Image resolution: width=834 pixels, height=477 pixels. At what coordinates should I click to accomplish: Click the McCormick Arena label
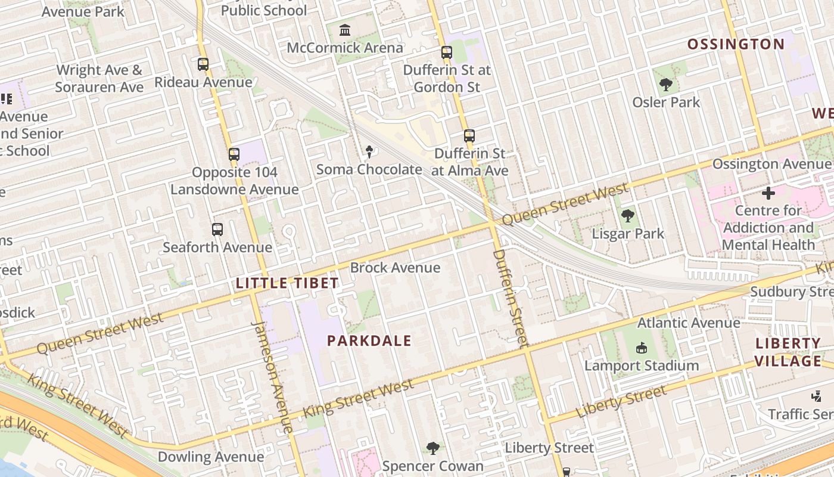click(x=345, y=48)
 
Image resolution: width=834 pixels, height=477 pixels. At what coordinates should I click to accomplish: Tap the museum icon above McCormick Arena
click(x=345, y=30)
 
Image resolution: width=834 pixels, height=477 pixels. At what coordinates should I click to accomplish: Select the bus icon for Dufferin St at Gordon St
click(x=447, y=52)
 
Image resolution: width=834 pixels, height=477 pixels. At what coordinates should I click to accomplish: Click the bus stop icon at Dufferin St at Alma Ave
click(x=469, y=136)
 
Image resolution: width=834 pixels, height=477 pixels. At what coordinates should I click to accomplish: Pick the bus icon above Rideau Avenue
click(x=203, y=64)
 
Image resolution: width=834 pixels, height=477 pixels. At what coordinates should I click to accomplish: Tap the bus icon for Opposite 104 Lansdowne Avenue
click(x=234, y=154)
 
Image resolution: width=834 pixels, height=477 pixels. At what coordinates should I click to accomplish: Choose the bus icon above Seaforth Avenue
click(x=217, y=230)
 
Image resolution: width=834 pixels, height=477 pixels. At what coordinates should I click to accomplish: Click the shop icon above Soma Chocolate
click(x=369, y=152)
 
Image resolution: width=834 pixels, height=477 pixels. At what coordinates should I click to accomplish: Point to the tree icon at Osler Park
click(x=666, y=85)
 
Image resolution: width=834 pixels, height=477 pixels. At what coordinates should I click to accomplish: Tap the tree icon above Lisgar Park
click(x=627, y=216)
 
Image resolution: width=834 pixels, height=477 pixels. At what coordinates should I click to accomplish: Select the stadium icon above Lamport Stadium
click(x=641, y=348)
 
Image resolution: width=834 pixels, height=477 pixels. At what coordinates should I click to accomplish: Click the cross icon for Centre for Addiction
click(x=768, y=193)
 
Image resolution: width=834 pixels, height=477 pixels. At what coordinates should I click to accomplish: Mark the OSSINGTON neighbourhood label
click(x=736, y=44)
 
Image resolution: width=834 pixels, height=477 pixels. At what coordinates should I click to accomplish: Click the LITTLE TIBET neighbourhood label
click(x=287, y=283)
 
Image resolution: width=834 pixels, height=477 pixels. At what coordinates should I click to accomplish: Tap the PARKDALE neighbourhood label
click(x=369, y=341)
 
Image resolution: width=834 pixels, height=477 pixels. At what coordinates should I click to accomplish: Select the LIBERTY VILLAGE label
click(x=788, y=352)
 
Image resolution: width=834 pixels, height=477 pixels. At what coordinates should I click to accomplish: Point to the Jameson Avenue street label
click(x=273, y=376)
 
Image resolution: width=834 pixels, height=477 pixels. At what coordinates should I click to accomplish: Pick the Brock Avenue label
click(x=395, y=268)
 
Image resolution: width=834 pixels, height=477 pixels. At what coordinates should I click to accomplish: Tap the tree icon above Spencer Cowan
click(x=433, y=448)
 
